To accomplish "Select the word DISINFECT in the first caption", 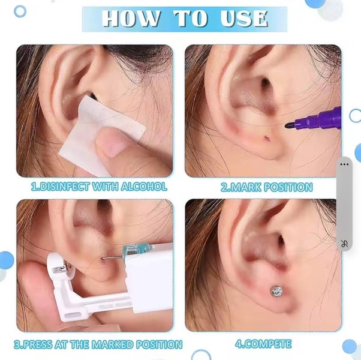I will pos(63,187).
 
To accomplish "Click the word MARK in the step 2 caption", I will pos(246,187).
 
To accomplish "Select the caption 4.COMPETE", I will pos(263,344).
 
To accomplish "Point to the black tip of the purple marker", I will pos(290,125).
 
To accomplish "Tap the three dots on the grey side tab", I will pos(344,163).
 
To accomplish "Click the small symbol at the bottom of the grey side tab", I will pos(344,243).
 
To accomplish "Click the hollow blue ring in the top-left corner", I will pos(20,11).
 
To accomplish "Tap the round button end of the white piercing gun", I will pos(57,263).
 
